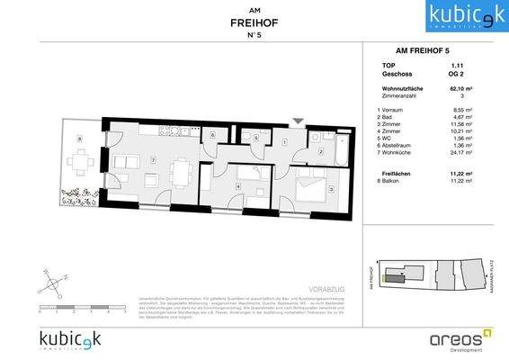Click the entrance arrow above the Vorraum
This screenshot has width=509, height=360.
tap(298, 121)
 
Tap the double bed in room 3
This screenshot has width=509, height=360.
tap(308, 190)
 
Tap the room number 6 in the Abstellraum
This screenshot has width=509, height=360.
tap(211, 136)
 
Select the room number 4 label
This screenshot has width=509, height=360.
tap(237, 185)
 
